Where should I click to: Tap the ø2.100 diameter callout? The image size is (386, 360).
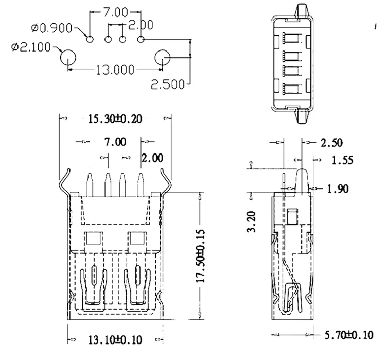click(30, 48)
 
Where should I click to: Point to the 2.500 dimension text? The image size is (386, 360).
click(167, 84)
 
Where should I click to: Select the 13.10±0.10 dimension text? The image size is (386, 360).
click(115, 339)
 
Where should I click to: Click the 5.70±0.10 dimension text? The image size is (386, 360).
click(348, 336)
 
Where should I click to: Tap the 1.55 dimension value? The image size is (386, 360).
click(342, 160)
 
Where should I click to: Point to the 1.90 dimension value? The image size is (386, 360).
click(338, 189)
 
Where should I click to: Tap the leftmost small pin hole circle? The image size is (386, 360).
click(90, 39)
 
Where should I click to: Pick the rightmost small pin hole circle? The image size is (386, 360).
click(141, 39)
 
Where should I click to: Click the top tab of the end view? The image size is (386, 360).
click(301, 10)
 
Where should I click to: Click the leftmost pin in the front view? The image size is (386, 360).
click(90, 184)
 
